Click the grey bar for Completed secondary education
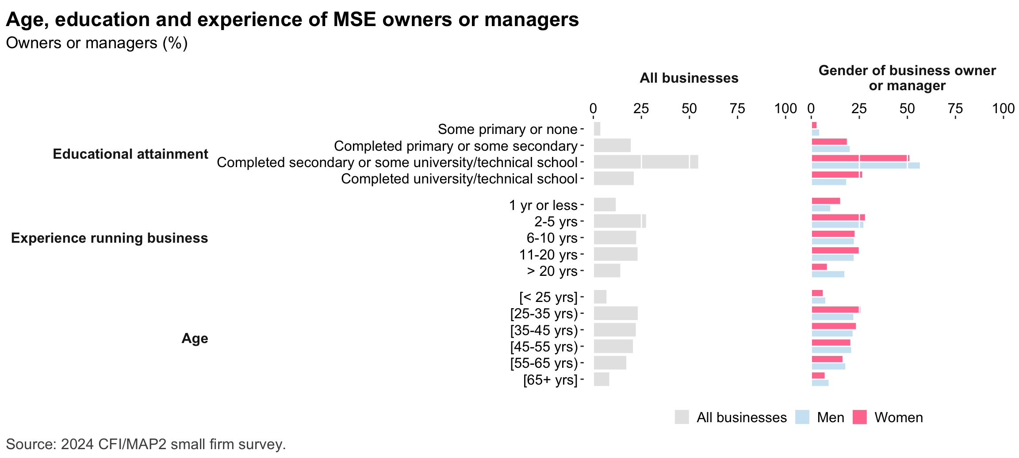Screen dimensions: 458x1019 (x=646, y=162)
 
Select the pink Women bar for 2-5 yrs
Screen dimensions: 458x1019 (x=838, y=217)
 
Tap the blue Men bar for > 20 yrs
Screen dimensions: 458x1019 (x=828, y=275)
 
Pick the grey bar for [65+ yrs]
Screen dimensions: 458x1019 (x=601, y=379)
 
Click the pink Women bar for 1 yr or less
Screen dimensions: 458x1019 (x=826, y=201)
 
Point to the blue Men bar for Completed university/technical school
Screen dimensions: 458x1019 (x=829, y=182)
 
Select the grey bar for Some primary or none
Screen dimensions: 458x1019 (x=597, y=129)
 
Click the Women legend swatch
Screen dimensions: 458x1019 (x=860, y=417)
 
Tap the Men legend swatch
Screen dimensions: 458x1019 (x=802, y=417)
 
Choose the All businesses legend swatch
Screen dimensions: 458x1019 (x=682, y=417)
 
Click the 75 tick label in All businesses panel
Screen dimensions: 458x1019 (x=737, y=108)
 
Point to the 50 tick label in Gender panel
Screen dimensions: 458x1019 (x=907, y=108)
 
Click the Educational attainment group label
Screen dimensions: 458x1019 (x=130, y=154)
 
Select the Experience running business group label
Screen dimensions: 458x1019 (x=109, y=238)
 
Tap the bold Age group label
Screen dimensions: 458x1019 (x=195, y=338)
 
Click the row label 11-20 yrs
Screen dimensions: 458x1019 (x=548, y=255)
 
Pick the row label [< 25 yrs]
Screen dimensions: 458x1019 (x=548, y=297)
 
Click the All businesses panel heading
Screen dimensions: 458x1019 (x=689, y=78)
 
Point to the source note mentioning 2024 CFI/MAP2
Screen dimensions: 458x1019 (x=146, y=444)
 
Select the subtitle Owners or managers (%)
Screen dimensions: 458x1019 (x=97, y=43)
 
